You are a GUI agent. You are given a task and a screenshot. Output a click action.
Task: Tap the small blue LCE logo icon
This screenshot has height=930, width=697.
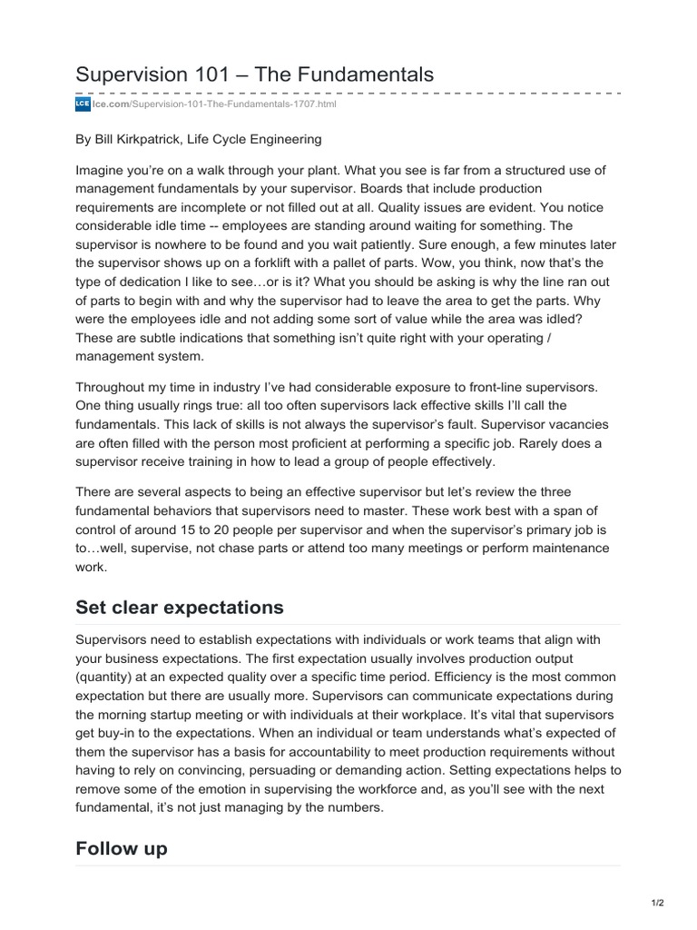(x=82, y=105)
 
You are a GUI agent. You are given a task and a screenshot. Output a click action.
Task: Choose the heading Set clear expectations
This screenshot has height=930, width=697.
(x=180, y=607)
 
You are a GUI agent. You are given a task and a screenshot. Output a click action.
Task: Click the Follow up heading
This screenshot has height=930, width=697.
(x=122, y=848)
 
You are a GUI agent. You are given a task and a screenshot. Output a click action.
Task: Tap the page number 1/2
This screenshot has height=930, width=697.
(x=658, y=903)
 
